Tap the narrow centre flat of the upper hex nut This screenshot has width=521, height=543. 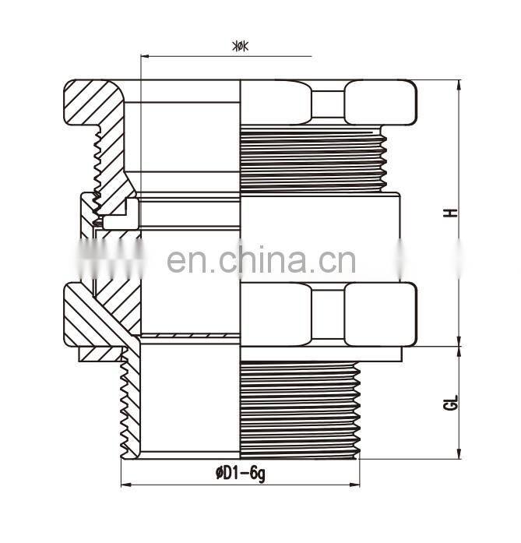(x=327, y=101)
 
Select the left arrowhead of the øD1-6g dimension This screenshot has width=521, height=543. (x=125, y=485)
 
